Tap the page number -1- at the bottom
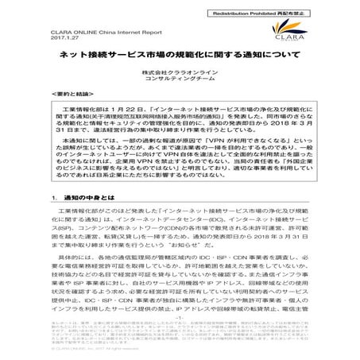[180, 327]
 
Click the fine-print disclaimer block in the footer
[180, 342]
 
